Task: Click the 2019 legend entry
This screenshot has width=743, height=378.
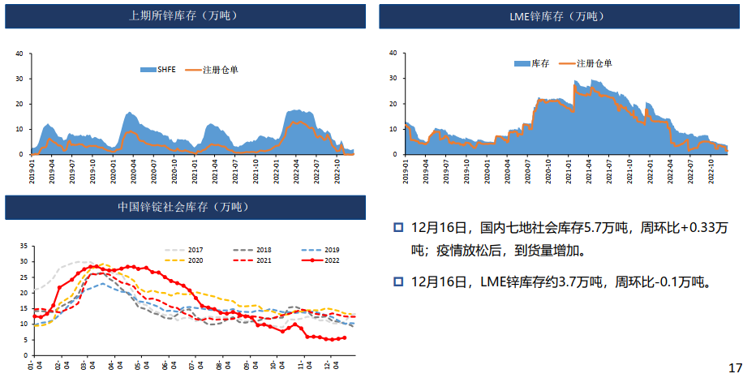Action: click(330, 250)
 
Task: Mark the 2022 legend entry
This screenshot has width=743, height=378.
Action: click(330, 260)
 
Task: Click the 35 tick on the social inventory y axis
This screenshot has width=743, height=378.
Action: click(24, 245)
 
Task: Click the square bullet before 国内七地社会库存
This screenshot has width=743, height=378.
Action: click(398, 226)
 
